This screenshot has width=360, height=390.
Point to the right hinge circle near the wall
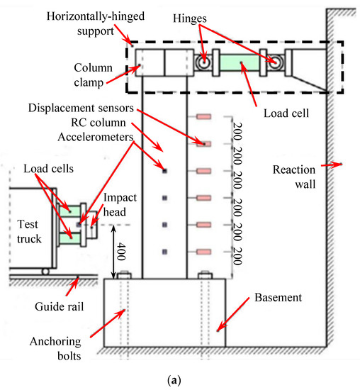(x=272, y=62)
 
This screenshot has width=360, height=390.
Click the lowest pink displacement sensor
(x=204, y=252)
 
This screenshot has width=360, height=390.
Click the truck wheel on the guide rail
(x=45, y=272)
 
